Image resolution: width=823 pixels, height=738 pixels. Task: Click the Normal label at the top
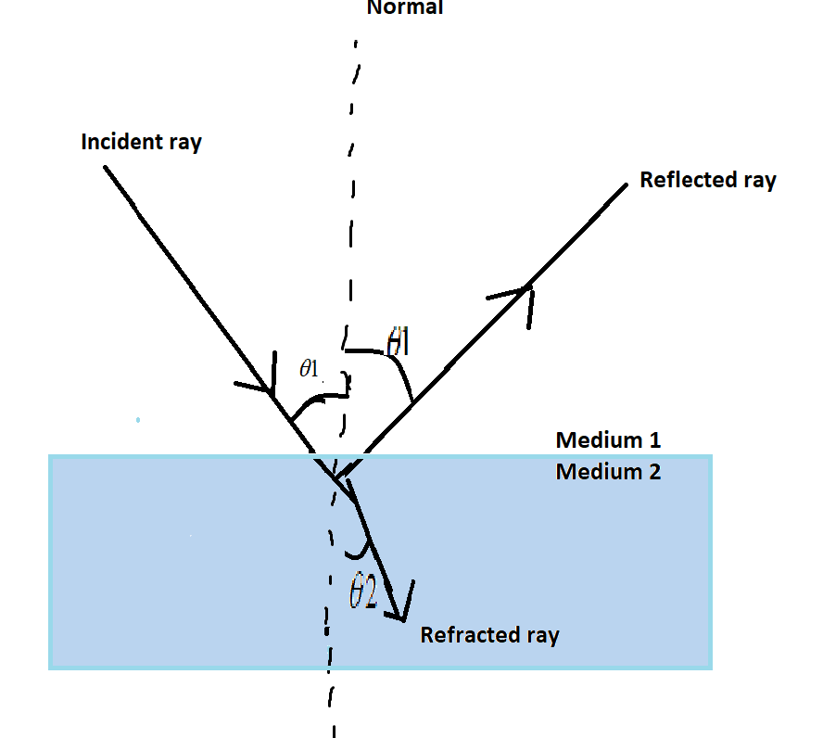tap(405, 7)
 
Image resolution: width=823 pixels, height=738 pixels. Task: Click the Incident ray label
tap(141, 143)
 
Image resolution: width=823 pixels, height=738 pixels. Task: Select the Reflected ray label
tap(707, 180)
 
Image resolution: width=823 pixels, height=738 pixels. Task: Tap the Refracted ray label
tap(489, 636)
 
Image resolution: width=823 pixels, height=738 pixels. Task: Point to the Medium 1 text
tap(608, 440)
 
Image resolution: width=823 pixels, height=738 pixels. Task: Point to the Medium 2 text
tap(608, 472)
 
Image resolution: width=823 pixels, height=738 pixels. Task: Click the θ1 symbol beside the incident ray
tap(310, 369)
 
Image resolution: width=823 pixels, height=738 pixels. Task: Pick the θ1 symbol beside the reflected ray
tap(398, 342)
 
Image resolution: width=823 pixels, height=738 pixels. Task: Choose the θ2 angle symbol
tap(362, 593)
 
